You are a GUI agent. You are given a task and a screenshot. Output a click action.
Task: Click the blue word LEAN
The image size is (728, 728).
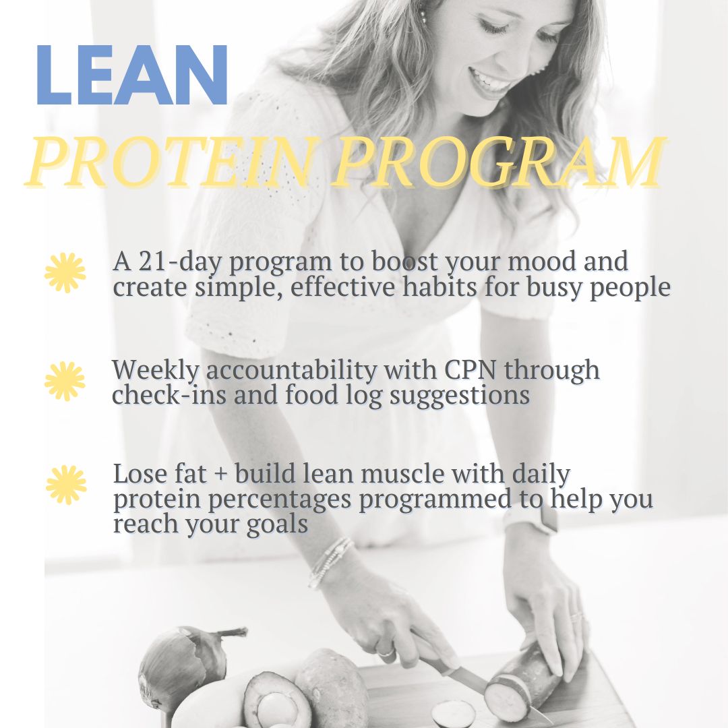point(132,75)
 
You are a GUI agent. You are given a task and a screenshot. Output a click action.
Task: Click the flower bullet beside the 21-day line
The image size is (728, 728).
point(65,273)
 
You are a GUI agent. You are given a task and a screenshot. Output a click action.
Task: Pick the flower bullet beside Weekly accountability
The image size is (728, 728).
point(65,381)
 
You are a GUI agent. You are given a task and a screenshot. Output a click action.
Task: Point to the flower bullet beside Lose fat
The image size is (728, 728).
point(66,484)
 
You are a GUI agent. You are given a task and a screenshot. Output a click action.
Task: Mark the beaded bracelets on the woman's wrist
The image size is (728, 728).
point(330,561)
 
